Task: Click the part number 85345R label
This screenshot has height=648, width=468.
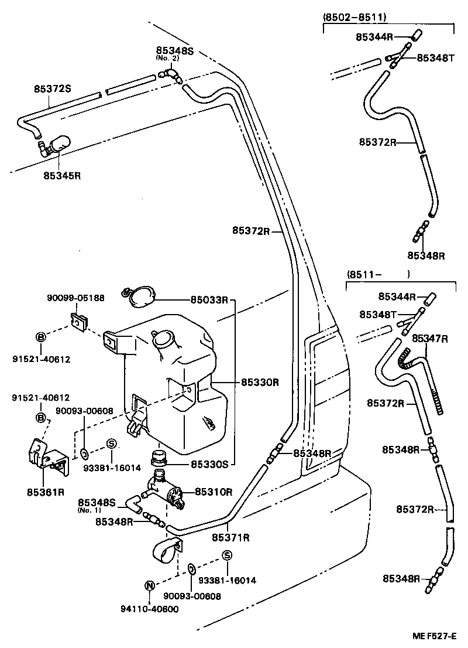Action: tap(62, 175)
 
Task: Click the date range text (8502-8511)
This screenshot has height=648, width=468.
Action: tap(355, 18)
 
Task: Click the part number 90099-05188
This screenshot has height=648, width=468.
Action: tap(75, 298)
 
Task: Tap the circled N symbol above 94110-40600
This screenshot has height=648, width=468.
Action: tap(149, 585)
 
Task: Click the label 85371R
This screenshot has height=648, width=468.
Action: tap(230, 537)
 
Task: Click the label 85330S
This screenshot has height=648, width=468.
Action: tap(209, 464)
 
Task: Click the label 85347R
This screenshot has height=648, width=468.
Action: tap(430, 339)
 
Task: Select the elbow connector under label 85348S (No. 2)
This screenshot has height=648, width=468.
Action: tap(171, 74)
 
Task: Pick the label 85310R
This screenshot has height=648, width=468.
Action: tap(214, 492)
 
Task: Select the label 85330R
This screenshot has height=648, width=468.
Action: tap(260, 383)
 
